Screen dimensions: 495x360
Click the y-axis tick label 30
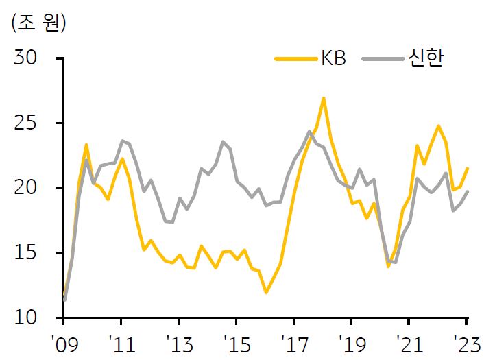(25, 58)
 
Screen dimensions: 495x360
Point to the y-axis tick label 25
(25, 123)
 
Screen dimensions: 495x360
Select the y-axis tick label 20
(25, 188)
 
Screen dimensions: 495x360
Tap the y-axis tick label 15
(25, 252)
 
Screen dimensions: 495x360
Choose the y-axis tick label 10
(25, 317)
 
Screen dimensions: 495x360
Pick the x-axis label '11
(123, 344)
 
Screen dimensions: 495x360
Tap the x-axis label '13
(180, 344)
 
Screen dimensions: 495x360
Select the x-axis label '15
(238, 344)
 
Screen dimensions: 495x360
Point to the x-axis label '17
(295, 344)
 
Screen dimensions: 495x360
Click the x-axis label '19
(353, 344)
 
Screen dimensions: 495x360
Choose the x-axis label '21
(410, 344)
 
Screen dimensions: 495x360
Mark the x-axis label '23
(467, 344)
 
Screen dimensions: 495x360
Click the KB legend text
(333, 59)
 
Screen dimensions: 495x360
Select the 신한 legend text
(426, 58)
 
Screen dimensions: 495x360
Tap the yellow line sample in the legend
(296, 59)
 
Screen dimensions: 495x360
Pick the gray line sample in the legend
(383, 59)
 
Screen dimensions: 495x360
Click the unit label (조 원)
(38, 23)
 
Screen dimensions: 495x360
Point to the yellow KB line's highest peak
(324, 99)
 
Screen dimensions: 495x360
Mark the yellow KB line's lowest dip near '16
(267, 292)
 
